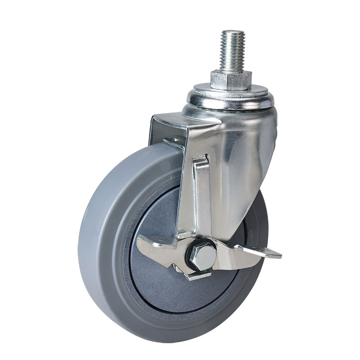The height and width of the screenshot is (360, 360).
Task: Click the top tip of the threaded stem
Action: click(232, 31)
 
